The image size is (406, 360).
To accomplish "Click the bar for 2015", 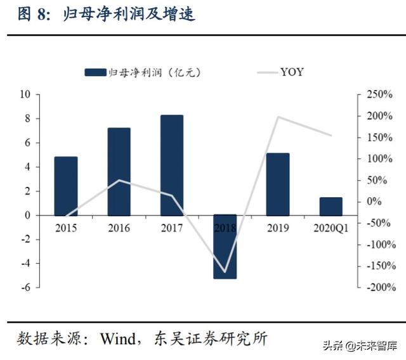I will click(x=65, y=186).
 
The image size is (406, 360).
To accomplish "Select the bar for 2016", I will click(x=119, y=171).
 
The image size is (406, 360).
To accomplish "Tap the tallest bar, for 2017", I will click(x=171, y=165).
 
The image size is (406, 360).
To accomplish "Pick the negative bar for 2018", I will click(x=225, y=247).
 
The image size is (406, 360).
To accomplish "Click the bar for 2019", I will click(x=277, y=184).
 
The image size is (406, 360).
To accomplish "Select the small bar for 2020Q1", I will click(x=331, y=206).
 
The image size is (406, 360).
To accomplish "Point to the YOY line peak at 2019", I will click(x=278, y=117).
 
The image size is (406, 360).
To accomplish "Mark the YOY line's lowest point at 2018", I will click(x=225, y=272).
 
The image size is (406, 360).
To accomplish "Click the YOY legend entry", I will click(x=279, y=72).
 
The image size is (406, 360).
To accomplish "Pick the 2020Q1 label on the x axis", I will click(x=331, y=228).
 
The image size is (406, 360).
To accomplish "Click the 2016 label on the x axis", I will click(x=119, y=228).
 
